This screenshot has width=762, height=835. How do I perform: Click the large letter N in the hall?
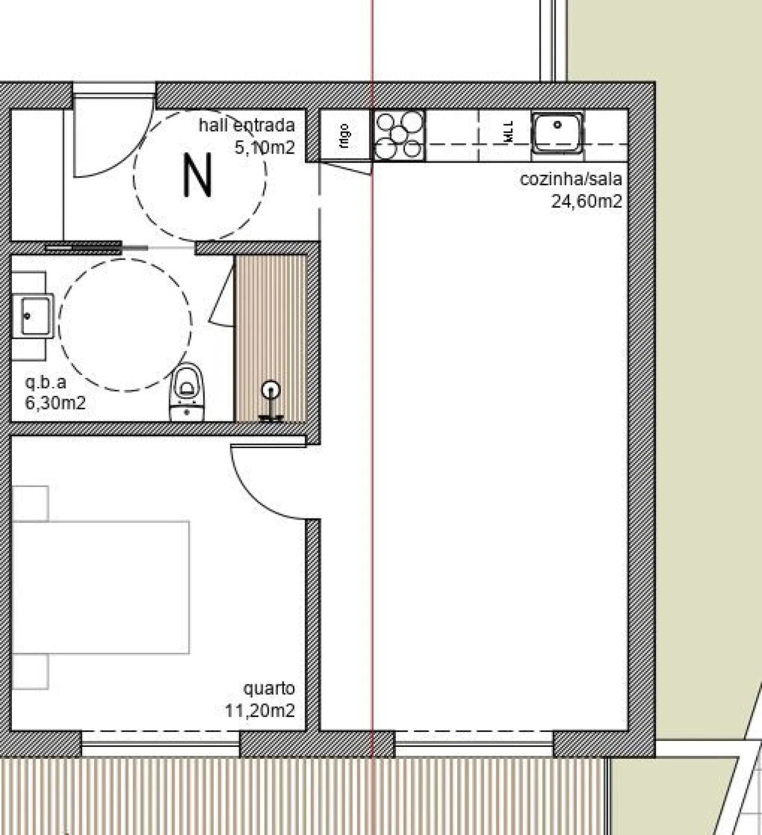coord(198,175)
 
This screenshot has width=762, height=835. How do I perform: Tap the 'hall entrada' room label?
coord(246,126)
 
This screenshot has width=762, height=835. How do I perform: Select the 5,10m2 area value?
coord(264,147)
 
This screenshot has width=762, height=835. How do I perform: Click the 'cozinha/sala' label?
coord(570,179)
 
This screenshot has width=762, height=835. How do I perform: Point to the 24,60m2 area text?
coord(586,201)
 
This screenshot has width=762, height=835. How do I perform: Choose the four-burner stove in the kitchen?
coord(399,135)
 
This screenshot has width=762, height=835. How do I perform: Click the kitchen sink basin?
coord(557,132)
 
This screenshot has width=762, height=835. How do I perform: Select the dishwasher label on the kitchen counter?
coord(508,132)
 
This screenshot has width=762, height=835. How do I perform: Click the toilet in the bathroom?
coord(188,390)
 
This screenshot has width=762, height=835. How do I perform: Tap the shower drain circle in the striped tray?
coord(271,390)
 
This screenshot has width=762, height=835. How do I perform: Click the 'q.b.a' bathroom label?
coord(45,382)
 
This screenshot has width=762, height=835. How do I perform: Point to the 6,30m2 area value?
coord(55,403)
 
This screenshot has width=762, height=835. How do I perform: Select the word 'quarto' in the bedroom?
coord(268,689)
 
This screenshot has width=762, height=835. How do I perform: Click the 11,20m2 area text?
coord(260,710)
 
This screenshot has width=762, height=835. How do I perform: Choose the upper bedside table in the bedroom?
coord(30,503)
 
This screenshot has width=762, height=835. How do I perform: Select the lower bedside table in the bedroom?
coord(30,672)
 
